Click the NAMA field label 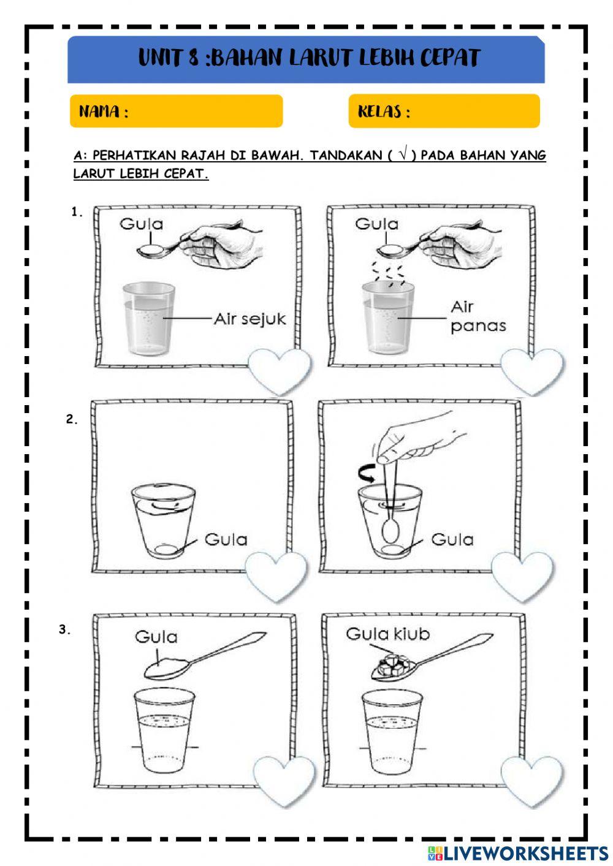click(x=103, y=112)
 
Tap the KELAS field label click(x=384, y=112)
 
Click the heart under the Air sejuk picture click(x=279, y=370)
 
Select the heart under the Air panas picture click(x=531, y=370)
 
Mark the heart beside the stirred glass click(x=522, y=574)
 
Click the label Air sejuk click(x=249, y=319)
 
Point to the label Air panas click(x=478, y=316)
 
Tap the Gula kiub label click(x=387, y=634)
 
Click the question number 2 click(x=72, y=420)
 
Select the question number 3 click(x=65, y=629)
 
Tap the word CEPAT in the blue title click(x=449, y=58)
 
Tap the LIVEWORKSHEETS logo click(x=517, y=853)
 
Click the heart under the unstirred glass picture click(x=276, y=574)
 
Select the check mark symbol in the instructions click(x=402, y=155)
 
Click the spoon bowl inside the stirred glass click(x=389, y=530)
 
